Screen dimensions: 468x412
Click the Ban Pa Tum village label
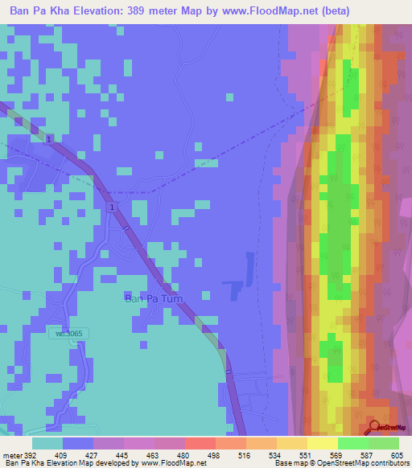[x=153, y=299]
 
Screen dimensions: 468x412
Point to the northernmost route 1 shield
[x=50, y=140]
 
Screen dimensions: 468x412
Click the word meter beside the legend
[x=11, y=454]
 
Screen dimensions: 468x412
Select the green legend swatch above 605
[x=384, y=443]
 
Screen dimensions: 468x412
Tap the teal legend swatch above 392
[x=47, y=443]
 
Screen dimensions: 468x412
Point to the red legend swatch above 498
[x=200, y=443]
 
